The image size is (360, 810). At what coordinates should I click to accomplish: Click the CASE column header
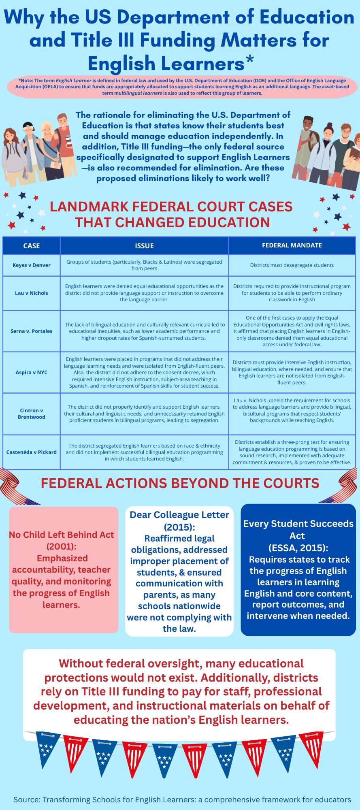click(31, 246)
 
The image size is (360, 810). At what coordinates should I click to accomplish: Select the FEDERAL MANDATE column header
click(292, 245)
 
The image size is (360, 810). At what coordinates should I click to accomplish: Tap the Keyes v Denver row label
click(31, 265)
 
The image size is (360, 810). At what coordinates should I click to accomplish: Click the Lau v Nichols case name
click(31, 293)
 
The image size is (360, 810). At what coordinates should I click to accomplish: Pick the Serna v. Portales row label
click(31, 331)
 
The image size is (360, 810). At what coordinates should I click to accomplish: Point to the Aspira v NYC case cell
click(31, 373)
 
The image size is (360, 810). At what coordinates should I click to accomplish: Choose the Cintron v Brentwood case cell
click(31, 414)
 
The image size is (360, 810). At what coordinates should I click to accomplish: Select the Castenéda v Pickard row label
click(31, 452)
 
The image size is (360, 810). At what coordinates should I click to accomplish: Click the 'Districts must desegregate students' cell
click(292, 265)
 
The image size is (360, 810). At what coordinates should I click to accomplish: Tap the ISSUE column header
click(144, 246)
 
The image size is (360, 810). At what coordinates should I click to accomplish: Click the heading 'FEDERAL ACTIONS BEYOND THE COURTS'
click(180, 484)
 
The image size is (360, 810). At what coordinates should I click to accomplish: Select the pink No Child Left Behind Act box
click(64, 569)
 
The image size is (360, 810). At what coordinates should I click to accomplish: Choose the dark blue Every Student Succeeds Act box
click(298, 569)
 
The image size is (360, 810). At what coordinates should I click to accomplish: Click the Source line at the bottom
click(182, 799)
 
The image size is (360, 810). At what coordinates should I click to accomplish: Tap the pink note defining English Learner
click(182, 87)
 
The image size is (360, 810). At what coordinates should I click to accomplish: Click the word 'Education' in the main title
click(307, 17)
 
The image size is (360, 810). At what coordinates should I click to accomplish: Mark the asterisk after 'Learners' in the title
click(249, 61)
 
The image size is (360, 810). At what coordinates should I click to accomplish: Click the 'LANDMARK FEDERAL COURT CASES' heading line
click(171, 207)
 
